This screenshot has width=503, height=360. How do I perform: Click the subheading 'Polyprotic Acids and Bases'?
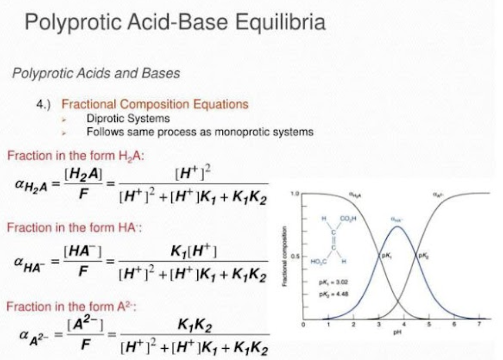[x=96, y=73]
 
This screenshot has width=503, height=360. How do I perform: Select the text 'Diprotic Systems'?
[x=128, y=118]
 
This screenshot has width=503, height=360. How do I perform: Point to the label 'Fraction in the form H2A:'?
[x=76, y=156]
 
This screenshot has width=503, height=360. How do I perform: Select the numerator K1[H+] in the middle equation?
[x=193, y=250]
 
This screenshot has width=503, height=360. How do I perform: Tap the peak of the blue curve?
[x=397, y=226]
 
